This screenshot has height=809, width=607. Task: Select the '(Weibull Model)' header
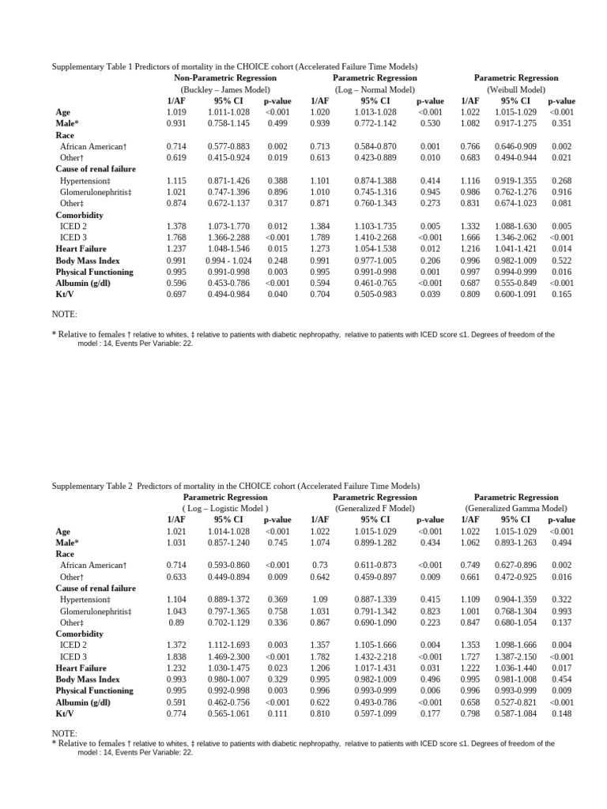click(515, 90)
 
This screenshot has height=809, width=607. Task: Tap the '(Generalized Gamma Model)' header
click(515, 509)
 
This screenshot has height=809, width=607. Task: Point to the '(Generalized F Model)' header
click(375, 509)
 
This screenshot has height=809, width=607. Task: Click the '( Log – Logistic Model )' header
click(220, 509)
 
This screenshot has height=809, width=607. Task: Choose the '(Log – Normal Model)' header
click(375, 90)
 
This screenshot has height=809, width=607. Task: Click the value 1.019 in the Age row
click(176, 112)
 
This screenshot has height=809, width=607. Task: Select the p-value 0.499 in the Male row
click(277, 124)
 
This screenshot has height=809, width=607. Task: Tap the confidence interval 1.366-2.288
click(228, 237)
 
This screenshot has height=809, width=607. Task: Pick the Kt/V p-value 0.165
click(561, 294)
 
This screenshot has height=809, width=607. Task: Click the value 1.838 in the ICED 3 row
click(176, 657)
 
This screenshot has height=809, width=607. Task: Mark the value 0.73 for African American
click(319, 566)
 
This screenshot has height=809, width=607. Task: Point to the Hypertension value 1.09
click(319, 600)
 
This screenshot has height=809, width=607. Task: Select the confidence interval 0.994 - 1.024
click(228, 260)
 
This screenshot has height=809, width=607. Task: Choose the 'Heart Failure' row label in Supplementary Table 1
click(81, 249)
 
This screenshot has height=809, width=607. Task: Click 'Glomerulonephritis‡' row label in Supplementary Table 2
click(96, 611)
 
